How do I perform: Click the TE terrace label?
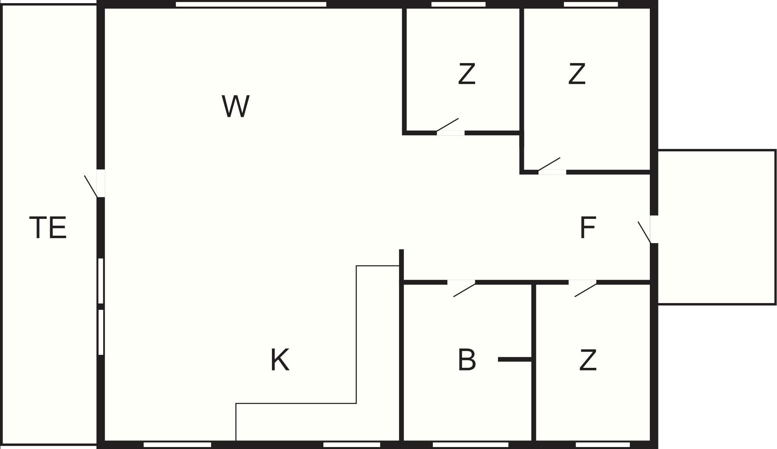coord(48,227)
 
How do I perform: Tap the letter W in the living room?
coord(235,106)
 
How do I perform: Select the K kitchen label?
coord(280,360)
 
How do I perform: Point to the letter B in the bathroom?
coord(467,360)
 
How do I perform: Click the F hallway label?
coord(587,227)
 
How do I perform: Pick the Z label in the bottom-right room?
coord(587,360)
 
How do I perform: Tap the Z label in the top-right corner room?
coord(577,74)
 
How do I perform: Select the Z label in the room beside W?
coord(467,74)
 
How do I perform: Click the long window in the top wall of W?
coord(251,4)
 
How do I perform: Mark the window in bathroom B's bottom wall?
coord(470,445)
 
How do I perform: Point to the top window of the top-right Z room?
coord(591,4)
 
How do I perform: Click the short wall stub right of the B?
coord(515,359)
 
